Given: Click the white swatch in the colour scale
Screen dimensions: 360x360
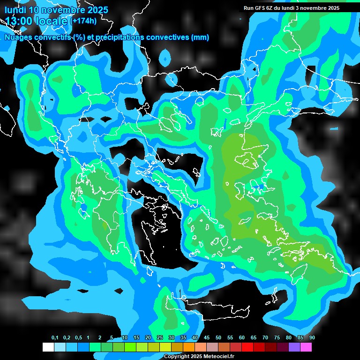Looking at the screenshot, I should coord(48,347).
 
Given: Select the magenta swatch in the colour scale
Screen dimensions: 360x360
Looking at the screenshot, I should coord(306,347).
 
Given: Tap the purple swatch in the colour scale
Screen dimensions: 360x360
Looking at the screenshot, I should coord(294,347).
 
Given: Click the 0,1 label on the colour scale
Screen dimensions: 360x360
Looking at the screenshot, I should coord(55,338).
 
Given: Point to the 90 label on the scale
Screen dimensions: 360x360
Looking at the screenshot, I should coord(312,338).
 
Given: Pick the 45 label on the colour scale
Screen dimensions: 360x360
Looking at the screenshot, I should coord(207,338).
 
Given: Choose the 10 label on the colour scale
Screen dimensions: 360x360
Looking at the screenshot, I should coord(125,338).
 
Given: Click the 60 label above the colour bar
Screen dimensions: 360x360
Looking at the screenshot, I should coord(242,338).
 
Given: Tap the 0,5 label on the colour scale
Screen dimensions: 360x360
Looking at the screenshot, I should coord(78,338).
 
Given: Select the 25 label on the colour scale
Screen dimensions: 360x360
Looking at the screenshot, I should coord(160,338).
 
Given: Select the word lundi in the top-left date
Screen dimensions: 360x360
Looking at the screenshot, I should coord(15,9).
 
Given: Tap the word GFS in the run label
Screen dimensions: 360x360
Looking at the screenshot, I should coord(260,8).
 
